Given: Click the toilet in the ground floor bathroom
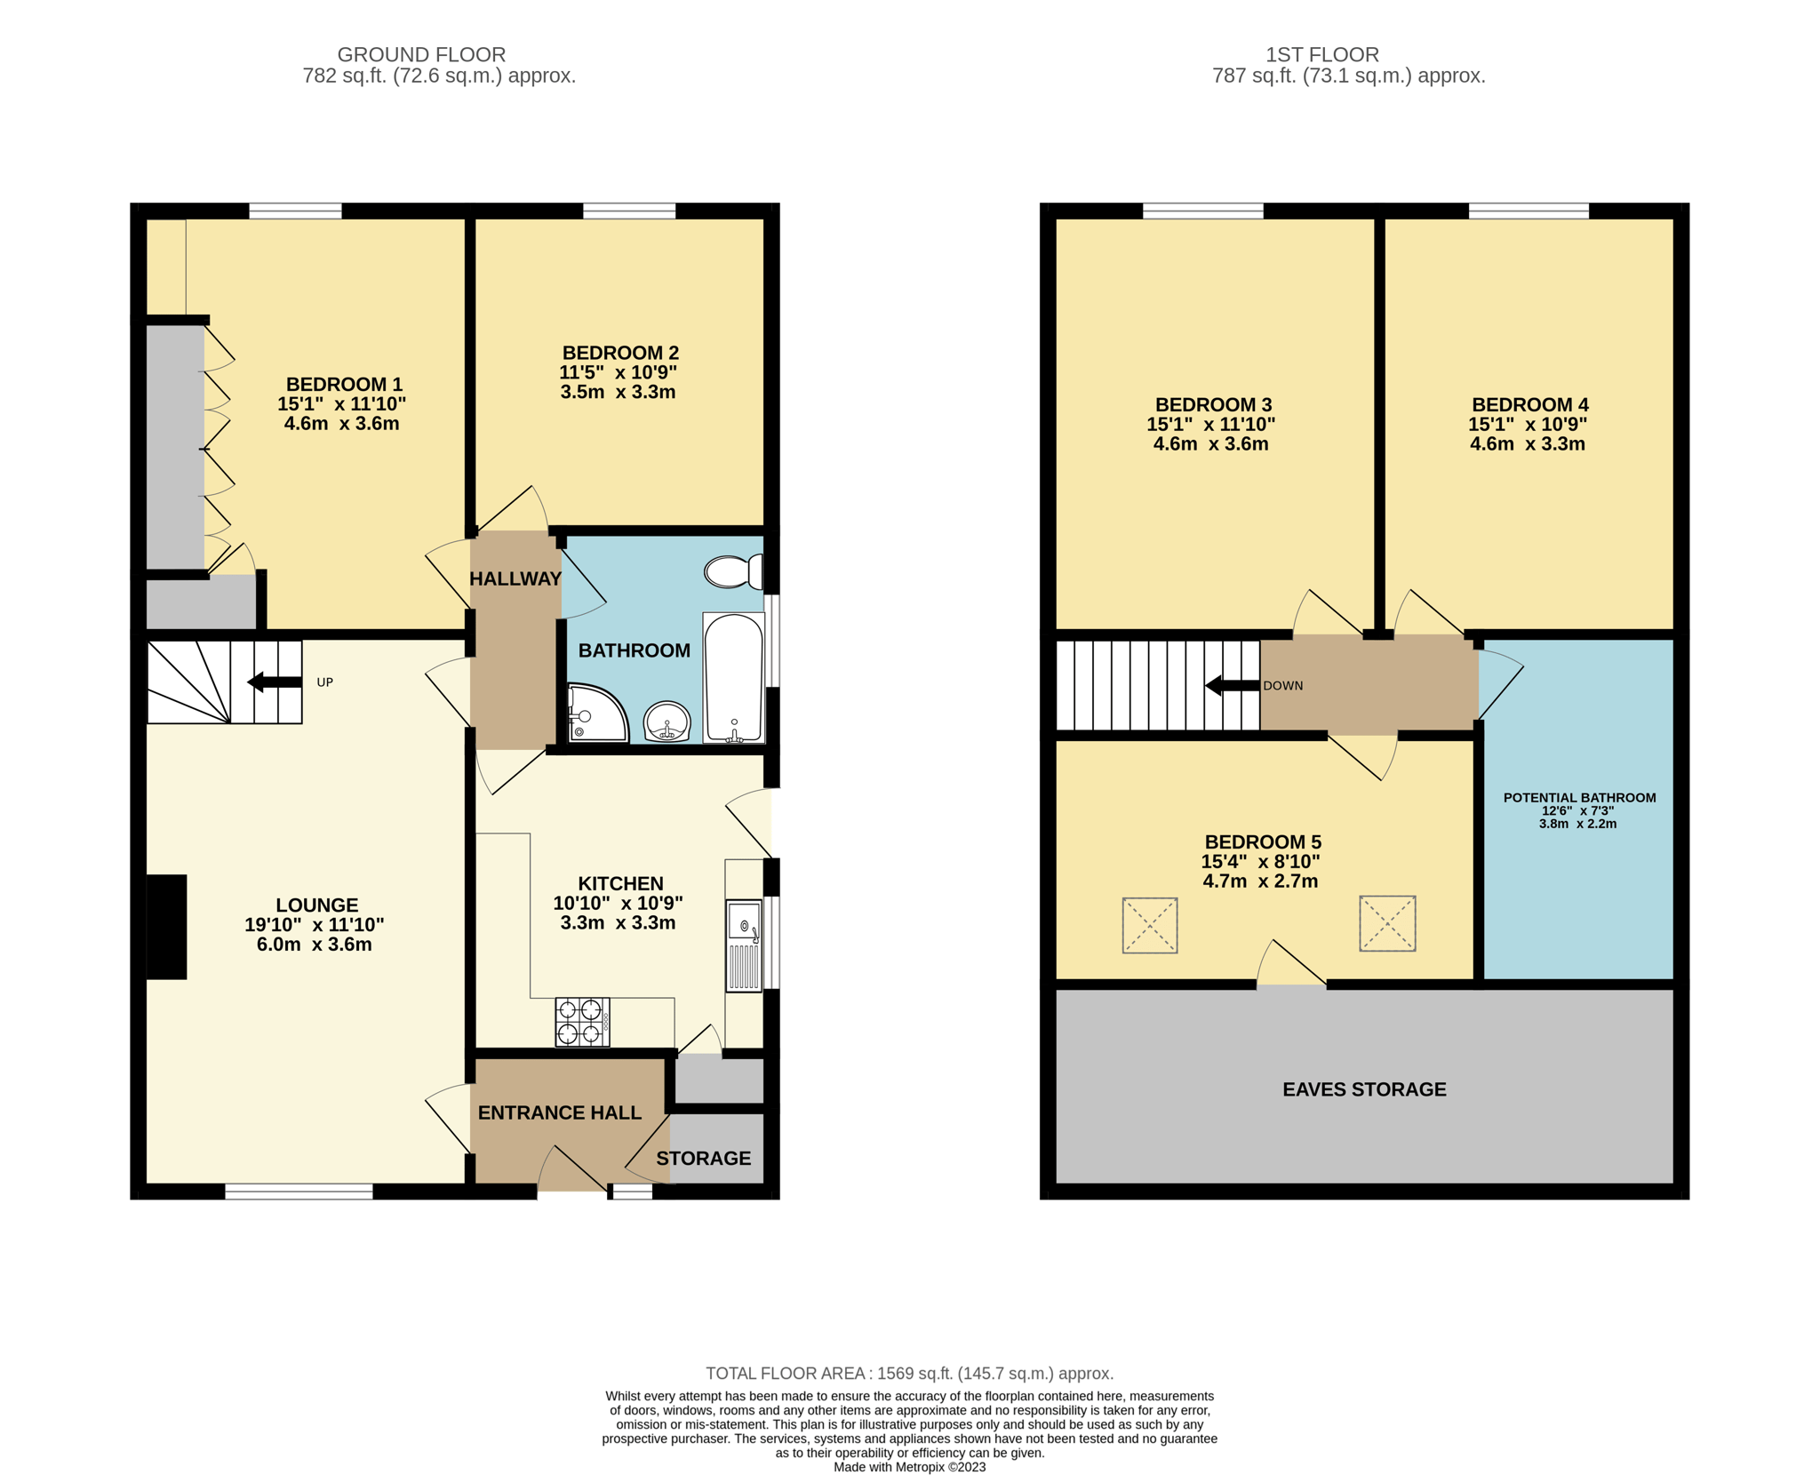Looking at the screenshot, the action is (734, 571).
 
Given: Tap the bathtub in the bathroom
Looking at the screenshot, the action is (733, 677).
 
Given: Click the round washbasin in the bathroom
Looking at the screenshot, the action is (667, 721).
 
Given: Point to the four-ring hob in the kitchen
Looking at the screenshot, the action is (582, 1022).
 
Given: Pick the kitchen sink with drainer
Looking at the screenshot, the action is (744, 945).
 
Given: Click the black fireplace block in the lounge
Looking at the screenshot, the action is (166, 927).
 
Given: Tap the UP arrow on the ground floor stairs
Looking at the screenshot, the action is (275, 682).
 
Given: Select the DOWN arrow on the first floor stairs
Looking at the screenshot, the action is (1233, 685).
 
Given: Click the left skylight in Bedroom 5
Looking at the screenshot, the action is (1150, 925).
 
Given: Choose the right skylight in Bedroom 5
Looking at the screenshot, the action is (1387, 923).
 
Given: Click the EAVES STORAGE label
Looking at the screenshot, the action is (1364, 1089).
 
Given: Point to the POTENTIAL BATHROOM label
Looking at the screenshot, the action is (1579, 798).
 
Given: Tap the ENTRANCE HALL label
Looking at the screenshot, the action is (560, 1112).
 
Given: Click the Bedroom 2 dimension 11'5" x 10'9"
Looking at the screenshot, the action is (619, 372).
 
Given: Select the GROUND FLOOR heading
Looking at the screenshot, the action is (421, 55).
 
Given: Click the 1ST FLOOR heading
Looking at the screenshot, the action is (1322, 55).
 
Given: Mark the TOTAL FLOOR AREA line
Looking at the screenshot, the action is (910, 1373).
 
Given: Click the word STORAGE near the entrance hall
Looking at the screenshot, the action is (704, 1158).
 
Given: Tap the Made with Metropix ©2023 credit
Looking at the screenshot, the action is (910, 1467).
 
